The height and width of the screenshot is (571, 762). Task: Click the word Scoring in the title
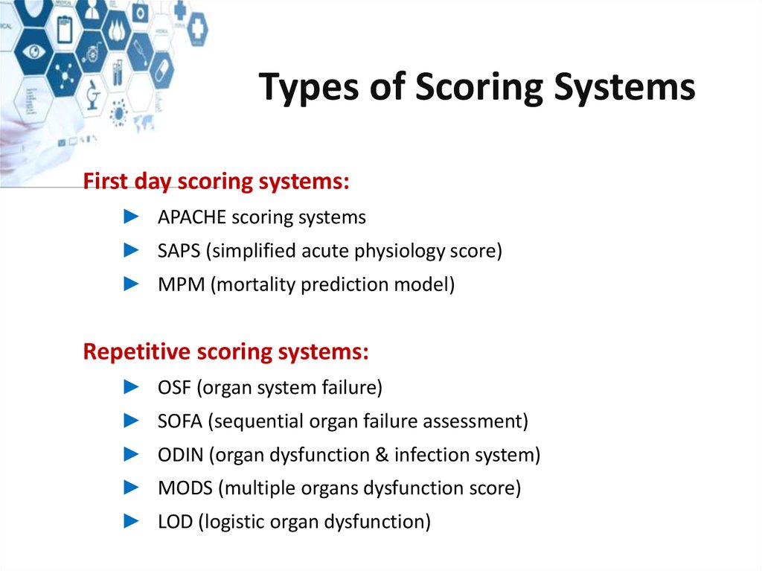pyautogui.click(x=478, y=88)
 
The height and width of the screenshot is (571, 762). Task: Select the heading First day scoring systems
pyautogui.click(x=217, y=181)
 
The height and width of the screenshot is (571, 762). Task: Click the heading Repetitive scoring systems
pyautogui.click(x=226, y=351)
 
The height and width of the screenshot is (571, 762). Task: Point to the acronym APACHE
pyautogui.click(x=192, y=217)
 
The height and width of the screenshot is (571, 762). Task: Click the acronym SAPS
pyautogui.click(x=179, y=250)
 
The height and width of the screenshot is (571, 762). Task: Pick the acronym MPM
pyautogui.click(x=182, y=284)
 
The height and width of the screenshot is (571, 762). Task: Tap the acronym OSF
pyautogui.click(x=174, y=387)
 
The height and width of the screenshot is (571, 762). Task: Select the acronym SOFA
pyautogui.click(x=180, y=421)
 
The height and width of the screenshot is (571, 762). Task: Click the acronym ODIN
pyautogui.click(x=180, y=454)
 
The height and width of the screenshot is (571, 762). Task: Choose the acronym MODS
pyautogui.click(x=185, y=488)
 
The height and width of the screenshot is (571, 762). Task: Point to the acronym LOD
pyautogui.click(x=176, y=521)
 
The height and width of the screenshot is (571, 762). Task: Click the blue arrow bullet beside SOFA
pyautogui.click(x=131, y=420)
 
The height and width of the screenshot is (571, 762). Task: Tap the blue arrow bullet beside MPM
pyautogui.click(x=131, y=284)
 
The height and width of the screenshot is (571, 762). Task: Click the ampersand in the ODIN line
pyautogui.click(x=382, y=454)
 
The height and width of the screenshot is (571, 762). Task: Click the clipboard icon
pyautogui.click(x=65, y=29)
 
